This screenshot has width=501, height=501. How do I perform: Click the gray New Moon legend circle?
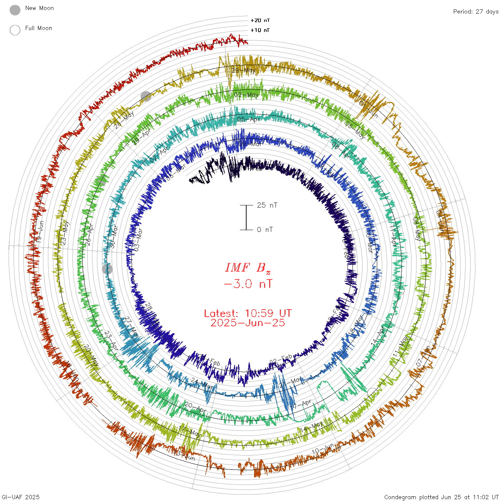pyautogui.click(x=15, y=10)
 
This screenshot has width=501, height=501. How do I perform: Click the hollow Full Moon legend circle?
pyautogui.click(x=15, y=30)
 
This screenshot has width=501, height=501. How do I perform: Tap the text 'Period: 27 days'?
pyautogui.click(x=476, y=12)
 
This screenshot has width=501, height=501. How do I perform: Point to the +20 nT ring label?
pyautogui.click(x=260, y=20)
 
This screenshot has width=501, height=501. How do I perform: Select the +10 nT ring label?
pyautogui.click(x=260, y=30)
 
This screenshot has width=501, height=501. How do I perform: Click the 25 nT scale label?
pyautogui.click(x=267, y=205)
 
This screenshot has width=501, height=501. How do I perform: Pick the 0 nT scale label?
pyautogui.click(x=265, y=229)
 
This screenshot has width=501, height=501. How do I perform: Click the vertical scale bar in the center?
pyautogui.click(x=246, y=217)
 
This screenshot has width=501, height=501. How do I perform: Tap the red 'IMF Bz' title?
pyautogui.click(x=248, y=268)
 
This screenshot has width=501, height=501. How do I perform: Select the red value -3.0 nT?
pyautogui.click(x=248, y=284)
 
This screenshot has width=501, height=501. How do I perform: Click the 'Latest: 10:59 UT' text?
pyautogui.click(x=248, y=313)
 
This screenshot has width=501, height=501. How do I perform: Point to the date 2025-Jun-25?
pyautogui.click(x=248, y=323)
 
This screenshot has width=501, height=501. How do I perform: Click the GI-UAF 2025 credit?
pyautogui.click(x=21, y=497)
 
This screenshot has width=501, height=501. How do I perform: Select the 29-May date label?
pyautogui.click(x=244, y=70)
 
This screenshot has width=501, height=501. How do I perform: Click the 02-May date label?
pyautogui.click(x=247, y=95)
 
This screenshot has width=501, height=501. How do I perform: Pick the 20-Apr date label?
pyautogui.click(x=195, y=407)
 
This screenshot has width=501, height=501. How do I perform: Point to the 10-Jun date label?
pyautogui.click(x=323, y=449)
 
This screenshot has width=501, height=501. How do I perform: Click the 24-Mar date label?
pyautogui.click(x=202, y=383)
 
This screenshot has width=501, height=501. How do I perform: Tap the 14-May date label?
pyautogui.click(x=311, y=426)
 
